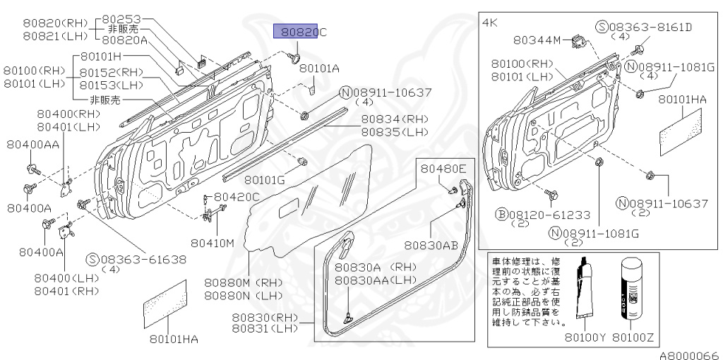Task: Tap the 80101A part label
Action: point(319,68)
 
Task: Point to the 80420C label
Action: point(237,196)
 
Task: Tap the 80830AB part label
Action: point(432,245)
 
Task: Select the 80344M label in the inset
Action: point(537,40)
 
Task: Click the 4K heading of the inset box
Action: point(490,23)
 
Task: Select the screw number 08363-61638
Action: point(143,259)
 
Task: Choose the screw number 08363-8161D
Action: point(652,27)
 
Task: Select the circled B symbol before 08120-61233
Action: point(501,213)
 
